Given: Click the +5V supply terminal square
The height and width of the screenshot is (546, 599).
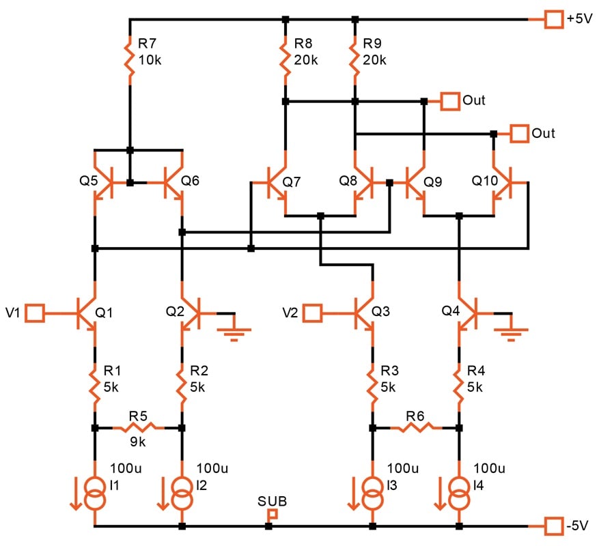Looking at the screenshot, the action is (553, 18).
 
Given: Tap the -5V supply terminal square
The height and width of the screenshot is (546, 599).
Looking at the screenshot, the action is (553, 526).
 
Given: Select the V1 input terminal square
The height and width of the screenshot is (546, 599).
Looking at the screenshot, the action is (35, 313).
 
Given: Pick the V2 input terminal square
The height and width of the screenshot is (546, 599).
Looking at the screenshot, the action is (313, 313).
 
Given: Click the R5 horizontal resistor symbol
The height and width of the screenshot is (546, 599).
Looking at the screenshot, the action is (138, 428).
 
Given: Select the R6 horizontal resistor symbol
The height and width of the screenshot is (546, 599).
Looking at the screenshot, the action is (416, 428).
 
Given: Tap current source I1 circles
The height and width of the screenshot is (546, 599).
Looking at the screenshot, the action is (95, 493).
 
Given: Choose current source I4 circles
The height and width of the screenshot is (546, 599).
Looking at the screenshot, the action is (459, 493).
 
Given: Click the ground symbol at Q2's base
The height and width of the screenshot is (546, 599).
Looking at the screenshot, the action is (234, 332).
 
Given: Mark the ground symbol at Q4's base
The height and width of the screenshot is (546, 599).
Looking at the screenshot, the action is (511, 332).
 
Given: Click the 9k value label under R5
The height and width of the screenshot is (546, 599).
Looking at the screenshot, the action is (137, 442).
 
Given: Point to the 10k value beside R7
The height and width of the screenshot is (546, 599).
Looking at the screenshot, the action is (150, 60).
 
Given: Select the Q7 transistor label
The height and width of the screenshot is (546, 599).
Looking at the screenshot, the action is (292, 182).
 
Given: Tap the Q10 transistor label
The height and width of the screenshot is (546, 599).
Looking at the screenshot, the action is (485, 180).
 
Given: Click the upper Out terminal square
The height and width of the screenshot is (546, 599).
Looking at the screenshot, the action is (450, 101).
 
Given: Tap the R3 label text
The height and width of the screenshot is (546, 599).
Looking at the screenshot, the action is (389, 371).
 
